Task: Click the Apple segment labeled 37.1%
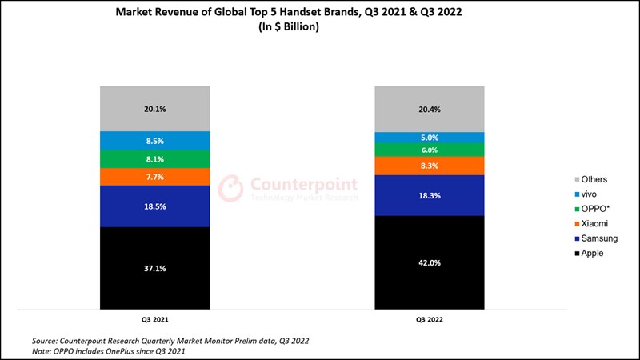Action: tap(155, 268)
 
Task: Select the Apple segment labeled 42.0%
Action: tap(430, 262)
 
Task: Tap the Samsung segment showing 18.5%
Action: tap(155, 206)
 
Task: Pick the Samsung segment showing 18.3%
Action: tap(430, 195)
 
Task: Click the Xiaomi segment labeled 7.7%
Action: tap(155, 177)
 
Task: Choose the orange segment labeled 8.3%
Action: tap(430, 166)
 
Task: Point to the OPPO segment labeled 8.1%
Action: tap(155, 159)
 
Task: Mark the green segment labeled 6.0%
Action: tap(430, 150)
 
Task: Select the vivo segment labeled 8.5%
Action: tap(155, 141)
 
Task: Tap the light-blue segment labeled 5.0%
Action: tap(430, 138)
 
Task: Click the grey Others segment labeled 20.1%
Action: tap(155, 109)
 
